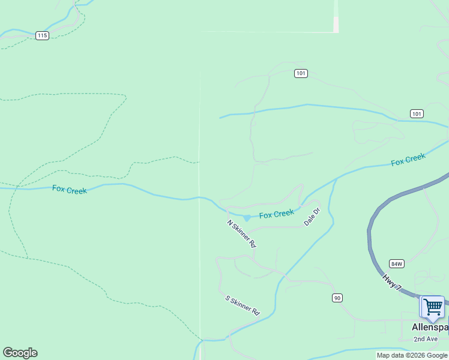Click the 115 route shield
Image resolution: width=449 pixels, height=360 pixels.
tap(41, 35)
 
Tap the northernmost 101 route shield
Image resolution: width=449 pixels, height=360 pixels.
tap(301, 73)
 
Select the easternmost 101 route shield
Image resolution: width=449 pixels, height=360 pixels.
tap(417, 113)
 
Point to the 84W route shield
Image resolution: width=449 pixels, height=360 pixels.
tap(397, 263)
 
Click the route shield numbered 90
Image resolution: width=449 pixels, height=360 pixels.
tap(337, 298)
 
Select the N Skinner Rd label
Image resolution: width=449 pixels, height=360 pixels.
tap(241, 234)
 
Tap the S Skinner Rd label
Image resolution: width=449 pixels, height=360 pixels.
tap(242, 305)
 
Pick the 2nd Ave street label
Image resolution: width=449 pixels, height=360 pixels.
tap(426, 339)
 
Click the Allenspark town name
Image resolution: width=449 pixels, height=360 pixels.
tap(430, 328)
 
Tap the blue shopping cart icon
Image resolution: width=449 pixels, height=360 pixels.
tap(432, 307)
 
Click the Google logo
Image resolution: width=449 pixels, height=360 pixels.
tap(20, 353)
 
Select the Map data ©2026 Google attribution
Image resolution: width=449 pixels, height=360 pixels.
tap(412, 355)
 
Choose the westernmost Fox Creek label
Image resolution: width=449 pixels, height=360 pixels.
tap(70, 190)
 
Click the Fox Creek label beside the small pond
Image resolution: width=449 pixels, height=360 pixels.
tap(277, 214)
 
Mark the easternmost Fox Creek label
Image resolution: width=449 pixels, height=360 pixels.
tap(408, 160)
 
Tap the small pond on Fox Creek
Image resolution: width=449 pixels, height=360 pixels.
tap(247, 217)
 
